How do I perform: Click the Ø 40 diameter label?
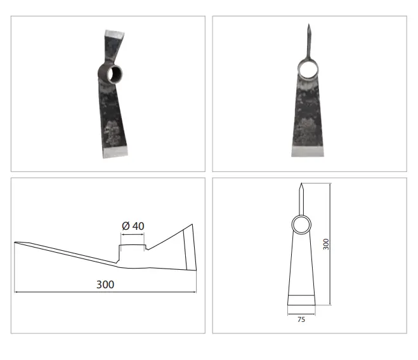(x=133, y=226)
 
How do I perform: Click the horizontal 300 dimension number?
(x=105, y=284)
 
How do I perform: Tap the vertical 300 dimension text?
(x=326, y=244)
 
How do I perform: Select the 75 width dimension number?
(x=301, y=319)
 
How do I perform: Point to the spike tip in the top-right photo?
(x=309, y=24)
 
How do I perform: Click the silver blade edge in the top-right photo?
(x=308, y=151)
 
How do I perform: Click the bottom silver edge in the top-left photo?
(x=115, y=152)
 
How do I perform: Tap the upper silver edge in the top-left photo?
(x=115, y=34)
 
